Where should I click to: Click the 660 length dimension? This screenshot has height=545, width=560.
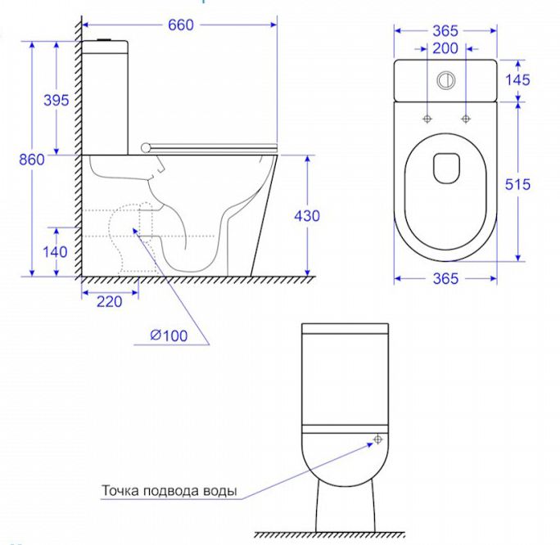[x=181, y=25]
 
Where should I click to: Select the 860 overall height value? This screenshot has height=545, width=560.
[x=32, y=160]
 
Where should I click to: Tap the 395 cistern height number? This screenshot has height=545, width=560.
[x=56, y=101]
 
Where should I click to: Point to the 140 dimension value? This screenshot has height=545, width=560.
[x=55, y=252]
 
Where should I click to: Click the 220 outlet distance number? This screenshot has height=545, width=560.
[x=109, y=302]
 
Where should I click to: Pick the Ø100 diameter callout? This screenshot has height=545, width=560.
[x=169, y=336]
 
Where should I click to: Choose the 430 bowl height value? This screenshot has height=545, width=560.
[x=307, y=216]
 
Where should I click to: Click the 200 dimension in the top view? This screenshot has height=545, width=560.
[x=445, y=48]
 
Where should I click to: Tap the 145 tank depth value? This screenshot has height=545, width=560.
[x=517, y=80]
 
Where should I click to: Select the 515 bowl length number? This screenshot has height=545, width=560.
[x=517, y=184]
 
